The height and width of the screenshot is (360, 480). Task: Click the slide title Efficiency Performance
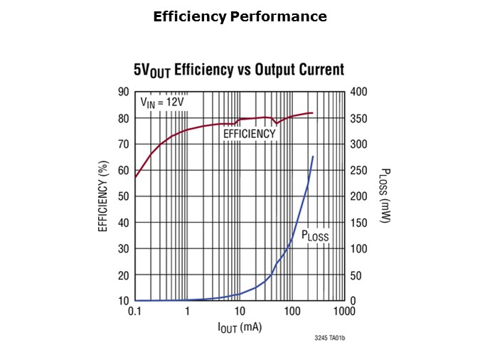pos(240,16)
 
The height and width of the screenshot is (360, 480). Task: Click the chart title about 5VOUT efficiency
pos(239,70)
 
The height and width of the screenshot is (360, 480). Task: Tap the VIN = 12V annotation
pos(161,102)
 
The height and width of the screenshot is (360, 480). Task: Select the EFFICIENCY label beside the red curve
pos(249,134)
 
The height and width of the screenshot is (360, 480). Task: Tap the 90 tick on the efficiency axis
pos(123,92)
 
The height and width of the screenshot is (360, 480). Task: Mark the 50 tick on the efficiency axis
pos(123,196)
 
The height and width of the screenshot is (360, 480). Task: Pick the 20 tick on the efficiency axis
pos(123,275)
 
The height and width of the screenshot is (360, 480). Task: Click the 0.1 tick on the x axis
pos(134,312)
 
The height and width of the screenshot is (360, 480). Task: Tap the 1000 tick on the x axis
pos(344,312)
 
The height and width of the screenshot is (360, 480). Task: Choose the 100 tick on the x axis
pos(292,312)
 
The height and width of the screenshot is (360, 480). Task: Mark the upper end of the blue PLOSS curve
pos(313,157)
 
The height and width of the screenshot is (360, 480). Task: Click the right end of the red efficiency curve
pos(312,113)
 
